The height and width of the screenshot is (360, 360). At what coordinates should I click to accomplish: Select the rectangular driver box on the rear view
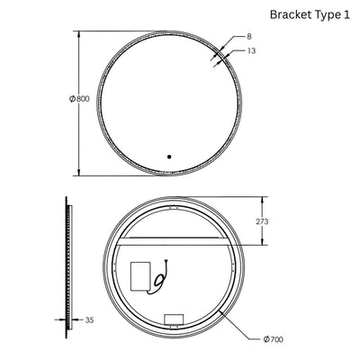[x=141, y=275]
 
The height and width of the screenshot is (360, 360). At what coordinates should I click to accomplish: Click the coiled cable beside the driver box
[x=161, y=274]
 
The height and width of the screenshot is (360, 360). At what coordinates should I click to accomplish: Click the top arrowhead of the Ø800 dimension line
[x=82, y=33]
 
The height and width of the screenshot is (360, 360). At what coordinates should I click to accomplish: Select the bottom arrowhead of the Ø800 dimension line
[x=82, y=172]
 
